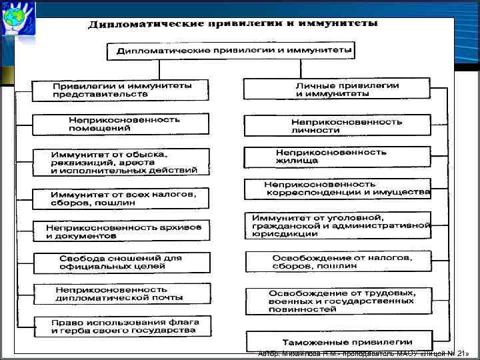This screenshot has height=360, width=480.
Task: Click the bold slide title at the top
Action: pyautogui.click(x=233, y=24)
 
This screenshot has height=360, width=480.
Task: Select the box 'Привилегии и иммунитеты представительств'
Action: pyautogui.click(x=121, y=90)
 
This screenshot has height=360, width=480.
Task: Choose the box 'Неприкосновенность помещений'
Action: pyautogui.click(x=121, y=124)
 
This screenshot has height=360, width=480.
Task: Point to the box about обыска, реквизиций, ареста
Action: pyautogui.click(x=121, y=162)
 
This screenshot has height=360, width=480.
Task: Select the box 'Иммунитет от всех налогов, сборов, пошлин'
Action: pyautogui.click(x=121, y=198)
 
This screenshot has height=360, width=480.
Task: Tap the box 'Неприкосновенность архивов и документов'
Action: pyautogui.click(x=121, y=231)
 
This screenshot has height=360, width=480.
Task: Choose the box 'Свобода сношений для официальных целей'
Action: pyautogui.click(x=121, y=263)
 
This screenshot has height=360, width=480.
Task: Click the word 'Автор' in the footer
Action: pyautogui.click(x=268, y=353)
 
